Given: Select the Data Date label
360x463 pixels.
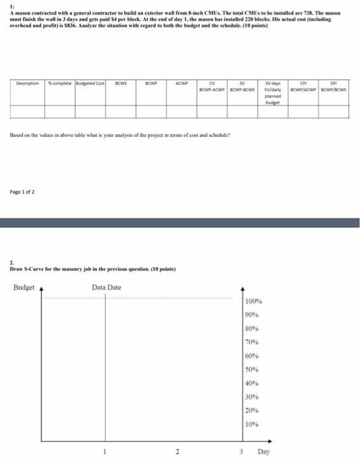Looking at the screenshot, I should coord(107,288).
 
